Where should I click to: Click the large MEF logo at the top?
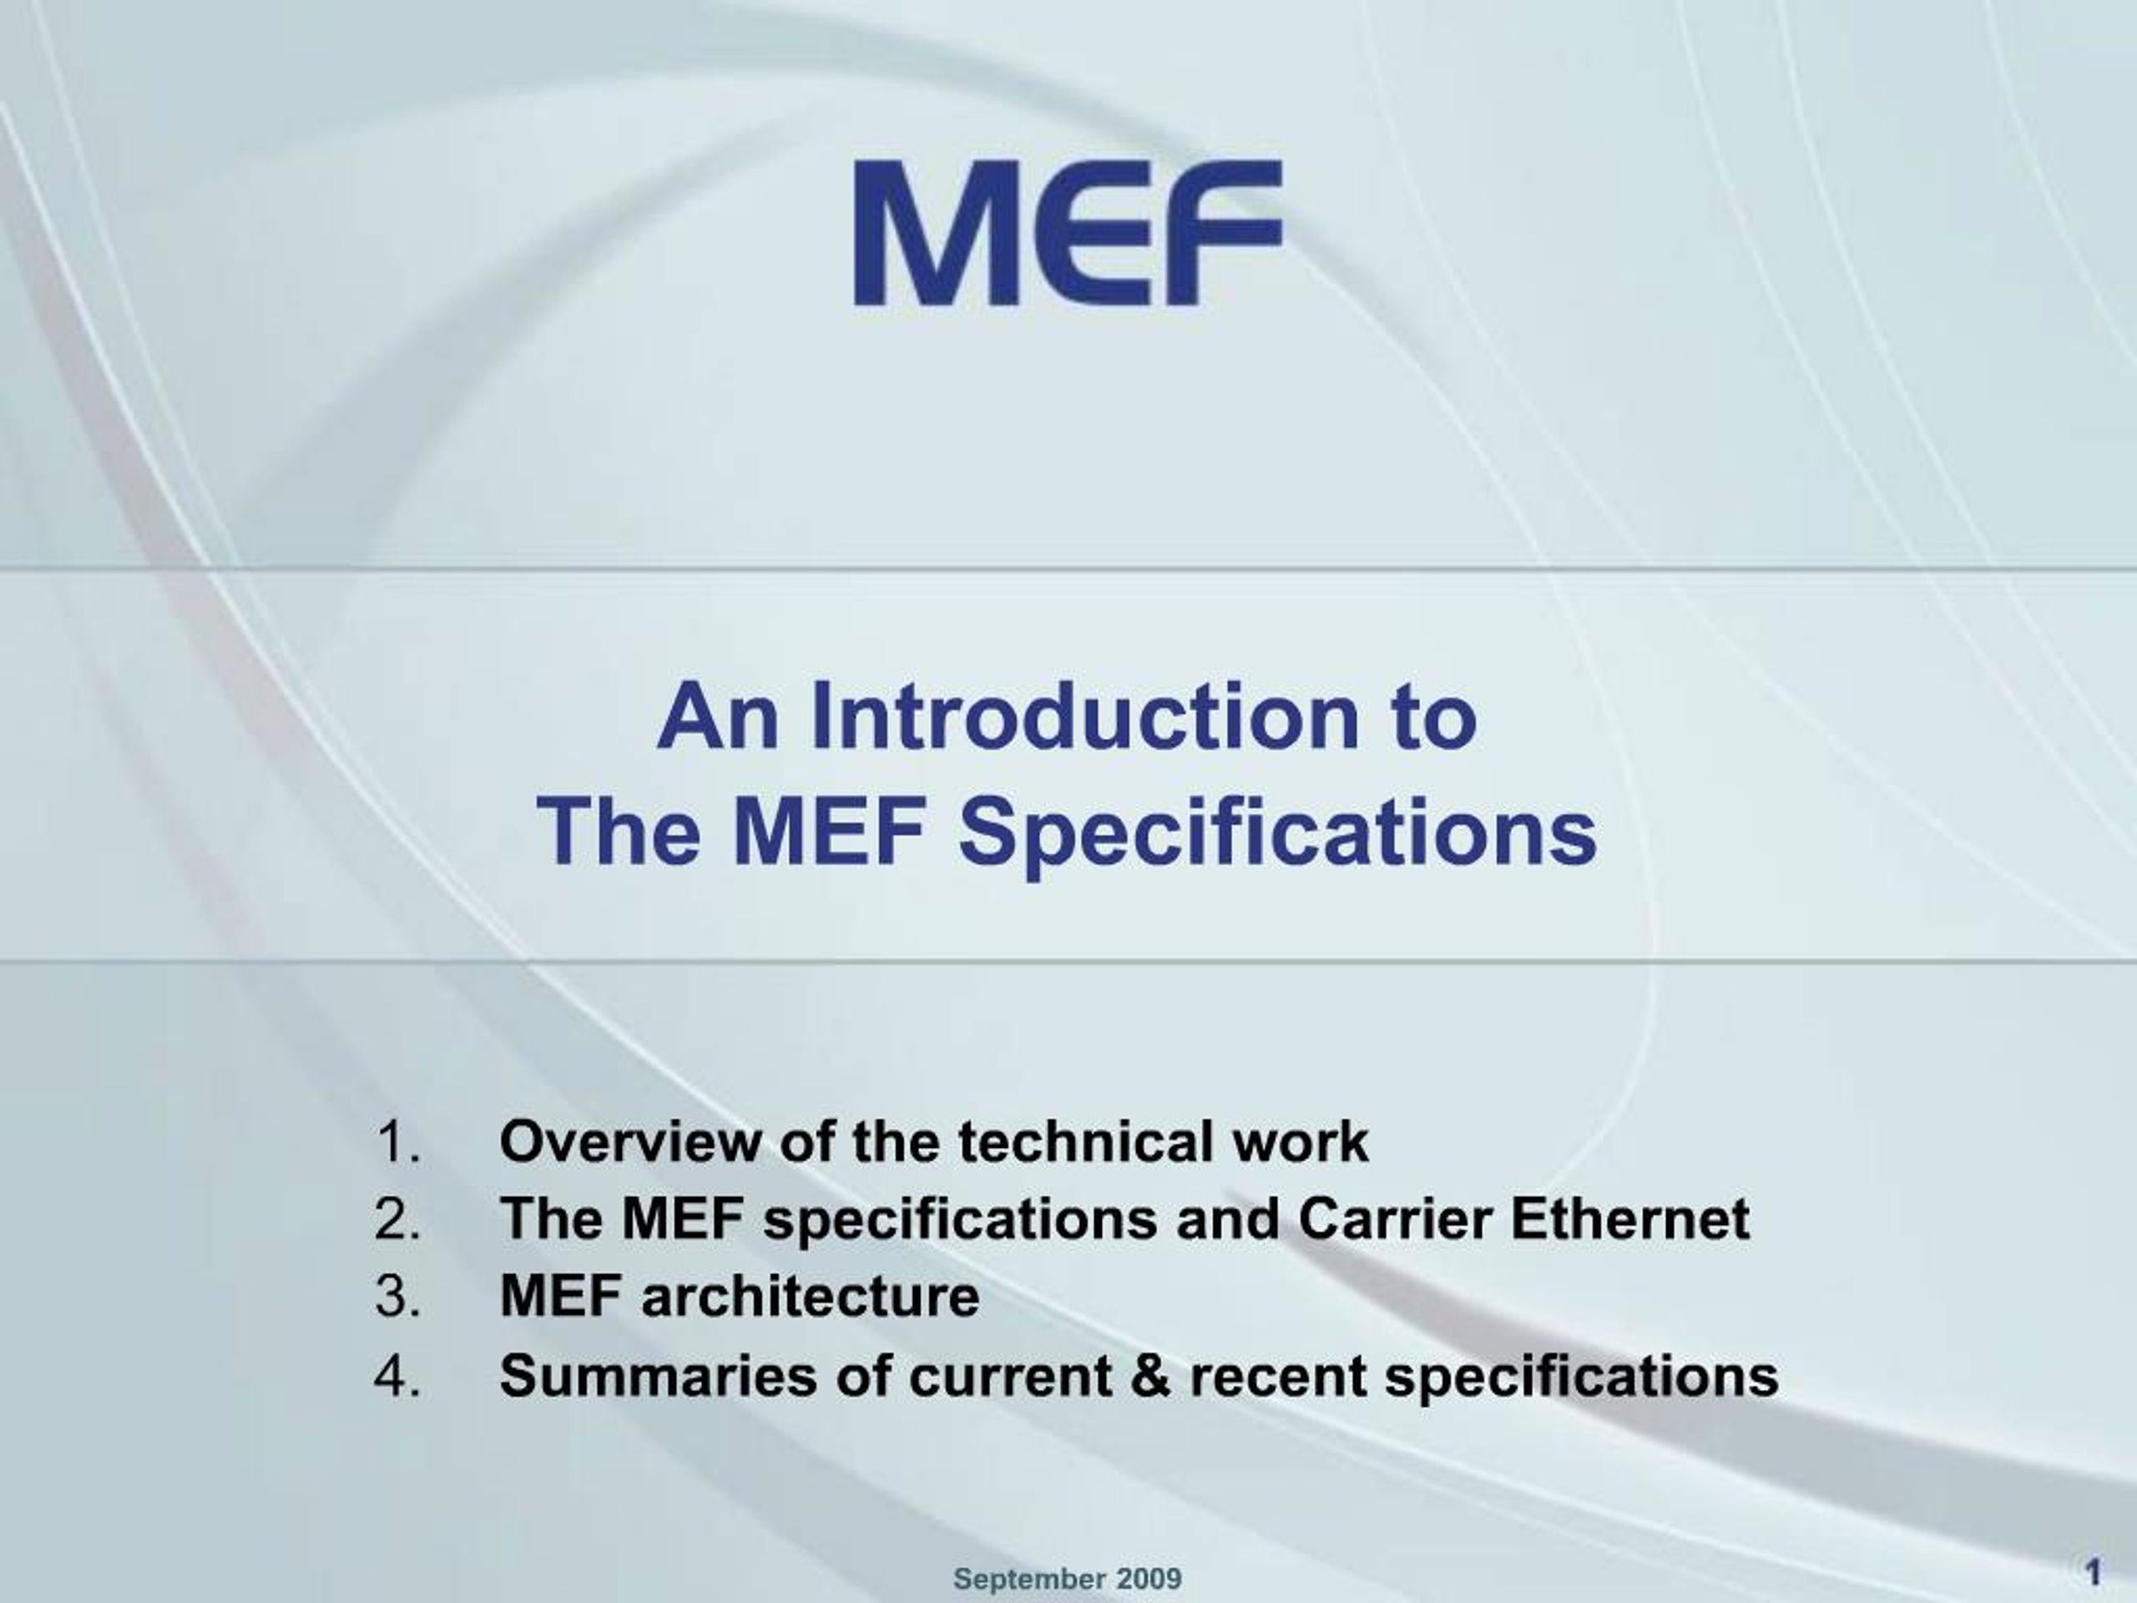(x=1068, y=233)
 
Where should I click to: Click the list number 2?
(x=397, y=1220)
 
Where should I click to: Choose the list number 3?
(x=397, y=1297)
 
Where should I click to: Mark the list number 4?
(x=397, y=1375)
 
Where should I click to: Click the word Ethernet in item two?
(x=1629, y=1220)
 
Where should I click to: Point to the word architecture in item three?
(x=811, y=1297)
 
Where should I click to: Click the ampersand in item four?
(x=1149, y=1375)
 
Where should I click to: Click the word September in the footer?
(x=1029, y=1580)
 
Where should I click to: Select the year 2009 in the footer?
(x=1149, y=1579)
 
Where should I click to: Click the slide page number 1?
(x=2094, y=1574)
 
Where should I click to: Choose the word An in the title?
(x=718, y=716)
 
